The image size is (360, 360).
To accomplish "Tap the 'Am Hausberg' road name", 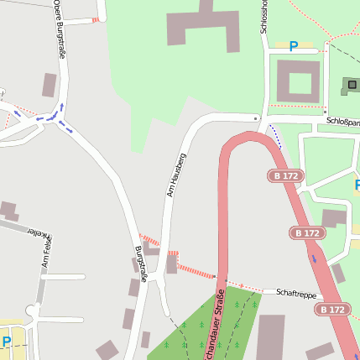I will tap(175, 175).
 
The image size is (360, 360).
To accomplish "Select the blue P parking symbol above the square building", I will tap(293, 47).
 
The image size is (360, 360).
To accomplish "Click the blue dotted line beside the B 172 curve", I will tap(275, 136).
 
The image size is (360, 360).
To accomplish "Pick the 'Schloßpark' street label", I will tap(342, 121).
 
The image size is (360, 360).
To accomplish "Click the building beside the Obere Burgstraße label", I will tap(50, 85).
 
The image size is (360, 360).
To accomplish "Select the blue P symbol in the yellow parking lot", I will tap(7, 342).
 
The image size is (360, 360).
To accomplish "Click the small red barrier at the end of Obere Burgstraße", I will tap(97, 18).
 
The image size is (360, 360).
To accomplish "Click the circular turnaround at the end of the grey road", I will tap(33, 311).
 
